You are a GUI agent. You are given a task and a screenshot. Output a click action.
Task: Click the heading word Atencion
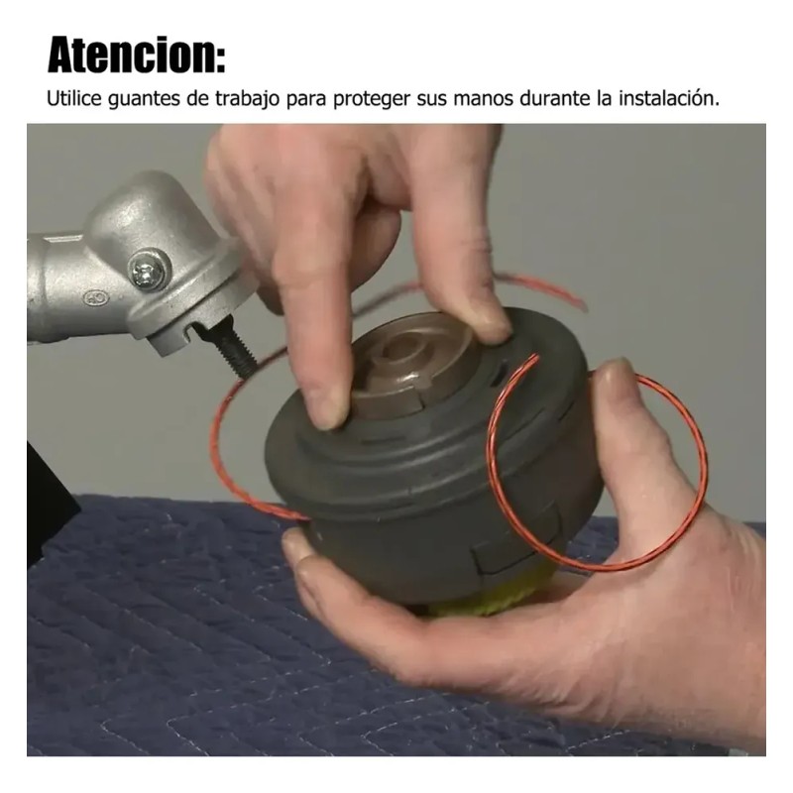[131, 55]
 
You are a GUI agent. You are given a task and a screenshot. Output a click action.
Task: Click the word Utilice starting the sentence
[75, 98]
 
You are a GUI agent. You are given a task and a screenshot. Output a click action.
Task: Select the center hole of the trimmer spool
[399, 353]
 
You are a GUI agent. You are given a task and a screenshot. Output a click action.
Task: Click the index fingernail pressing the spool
[330, 410]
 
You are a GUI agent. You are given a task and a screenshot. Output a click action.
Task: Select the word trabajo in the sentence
[247, 99]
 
